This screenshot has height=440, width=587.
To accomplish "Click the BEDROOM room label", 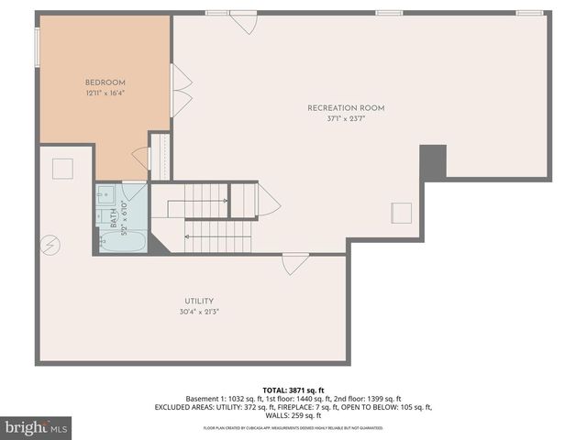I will point(105,82).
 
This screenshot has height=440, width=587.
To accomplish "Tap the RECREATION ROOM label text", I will point(346,108).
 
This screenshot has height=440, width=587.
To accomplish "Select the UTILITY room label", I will point(199,301).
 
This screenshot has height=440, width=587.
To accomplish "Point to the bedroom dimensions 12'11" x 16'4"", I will point(105,93).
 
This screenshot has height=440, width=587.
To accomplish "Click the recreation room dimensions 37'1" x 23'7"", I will point(346,119).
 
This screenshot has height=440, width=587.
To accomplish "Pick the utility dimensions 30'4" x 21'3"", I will point(199,312).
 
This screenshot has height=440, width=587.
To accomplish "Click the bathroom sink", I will point(105,194).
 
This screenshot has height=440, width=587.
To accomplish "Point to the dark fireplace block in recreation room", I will point(433,162).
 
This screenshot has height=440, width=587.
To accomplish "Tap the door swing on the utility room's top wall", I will point(295,264).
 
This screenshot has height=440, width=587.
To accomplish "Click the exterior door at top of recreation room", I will point(244,22).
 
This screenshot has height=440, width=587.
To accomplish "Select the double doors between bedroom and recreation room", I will point(182,90).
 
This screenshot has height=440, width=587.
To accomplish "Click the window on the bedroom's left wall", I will point(37,48).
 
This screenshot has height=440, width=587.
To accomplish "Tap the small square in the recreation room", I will point(402,212).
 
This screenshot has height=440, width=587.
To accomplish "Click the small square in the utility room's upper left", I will point(62,169).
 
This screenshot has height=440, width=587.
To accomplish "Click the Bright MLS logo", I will point(37,426).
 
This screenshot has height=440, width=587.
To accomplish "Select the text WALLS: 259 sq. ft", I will point(293,415).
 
